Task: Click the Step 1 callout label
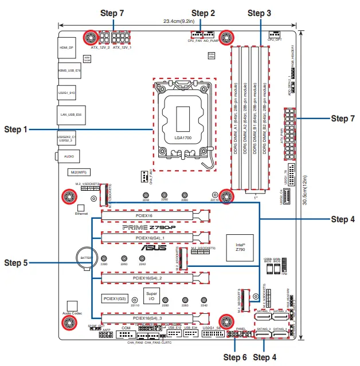point(15,129)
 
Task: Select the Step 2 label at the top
point(203,13)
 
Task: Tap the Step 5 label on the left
point(15,262)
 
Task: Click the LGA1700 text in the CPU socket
point(183,137)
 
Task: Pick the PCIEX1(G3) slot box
point(116,298)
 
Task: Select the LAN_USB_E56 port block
point(71,115)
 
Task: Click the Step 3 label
point(261,13)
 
